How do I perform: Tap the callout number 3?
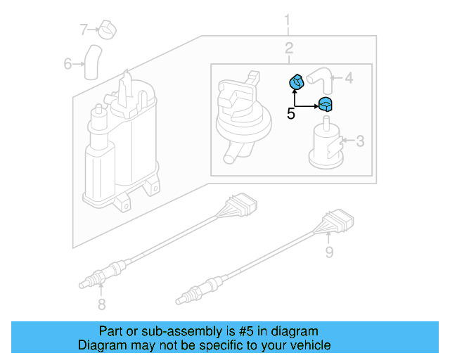pos(360,142)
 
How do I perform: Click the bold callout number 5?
pos(291,114)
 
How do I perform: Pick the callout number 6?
pos(68,64)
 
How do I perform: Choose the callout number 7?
pos(84,30)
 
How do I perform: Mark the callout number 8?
pos(101,304)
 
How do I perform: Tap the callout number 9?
pos(329,250)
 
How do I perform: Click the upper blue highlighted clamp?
pos(297,83)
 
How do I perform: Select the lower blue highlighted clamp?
pos(326,106)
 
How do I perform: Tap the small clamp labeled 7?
pos(108,30)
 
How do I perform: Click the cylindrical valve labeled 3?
pos(326,146)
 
